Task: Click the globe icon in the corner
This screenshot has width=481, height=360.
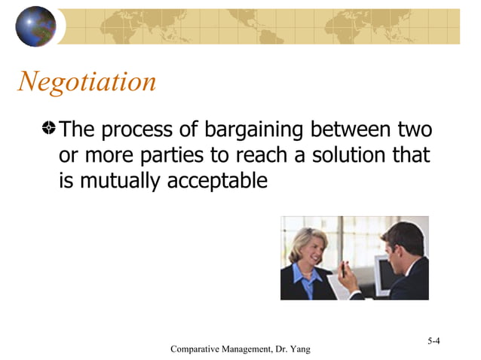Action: [x=35, y=26]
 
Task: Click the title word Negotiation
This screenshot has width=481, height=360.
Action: [x=87, y=81]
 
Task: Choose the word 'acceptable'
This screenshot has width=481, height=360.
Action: [x=219, y=182]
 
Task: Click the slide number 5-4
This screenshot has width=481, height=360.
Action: [x=434, y=341]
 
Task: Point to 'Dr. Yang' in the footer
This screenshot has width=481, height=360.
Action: [x=292, y=349]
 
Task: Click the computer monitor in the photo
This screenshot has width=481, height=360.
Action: [x=384, y=273]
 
